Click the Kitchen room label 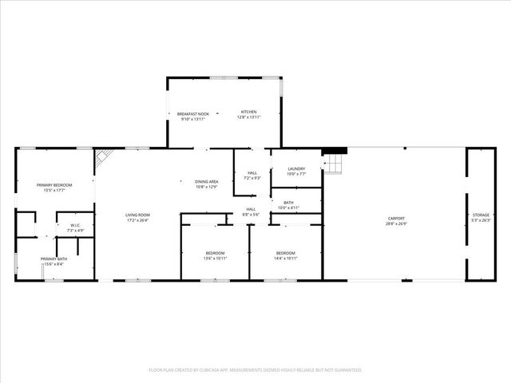tap(249, 112)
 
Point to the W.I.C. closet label tap(76, 225)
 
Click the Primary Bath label tap(54, 259)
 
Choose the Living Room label tap(137, 215)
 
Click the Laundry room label tap(296, 168)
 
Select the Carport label tap(396, 218)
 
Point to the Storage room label tap(481, 215)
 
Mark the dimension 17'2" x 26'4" tap(137, 221)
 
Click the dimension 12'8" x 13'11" tap(249, 117)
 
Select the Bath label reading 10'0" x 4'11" tap(288, 207)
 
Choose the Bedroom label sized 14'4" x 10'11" tap(286, 258)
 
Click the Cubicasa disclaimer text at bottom tap(255, 370)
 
